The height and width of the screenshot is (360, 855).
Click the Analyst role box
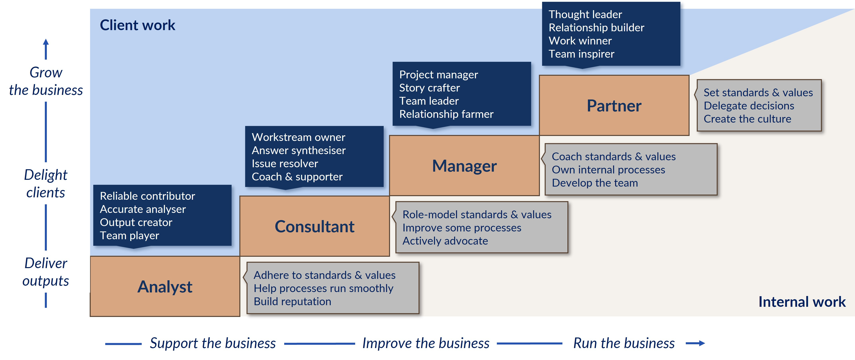pos(165,286)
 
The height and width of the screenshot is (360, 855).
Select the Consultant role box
pos(314,226)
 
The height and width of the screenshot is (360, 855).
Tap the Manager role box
pos(464,165)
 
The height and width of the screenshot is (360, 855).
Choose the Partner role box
pos(614,106)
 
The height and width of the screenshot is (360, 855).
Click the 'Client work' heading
pos(137,25)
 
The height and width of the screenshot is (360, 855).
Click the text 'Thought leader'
pos(585,14)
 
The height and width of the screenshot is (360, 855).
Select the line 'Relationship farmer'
pos(446,114)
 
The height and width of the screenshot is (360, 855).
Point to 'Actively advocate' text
pos(445,241)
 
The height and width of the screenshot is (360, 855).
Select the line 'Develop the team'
pos(595,183)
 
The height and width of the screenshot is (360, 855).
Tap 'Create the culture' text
pos(747,119)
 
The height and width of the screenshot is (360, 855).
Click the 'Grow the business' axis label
pos(46,81)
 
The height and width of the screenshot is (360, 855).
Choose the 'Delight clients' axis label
pos(46,183)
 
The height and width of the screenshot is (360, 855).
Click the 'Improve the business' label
pos(426,343)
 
